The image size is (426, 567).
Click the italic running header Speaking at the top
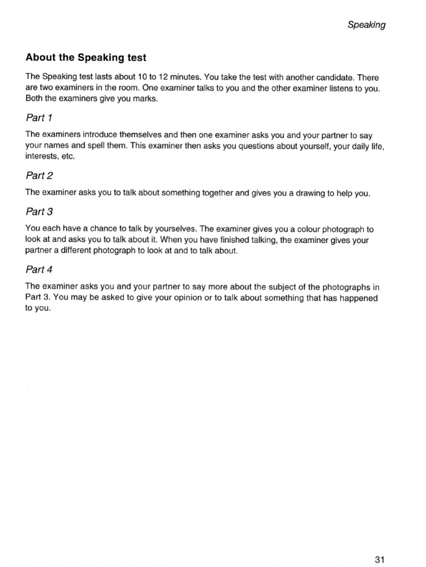click(x=366, y=24)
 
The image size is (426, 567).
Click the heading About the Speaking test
click(x=86, y=58)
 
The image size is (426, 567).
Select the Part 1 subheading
click(x=39, y=117)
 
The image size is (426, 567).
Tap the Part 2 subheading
click(x=39, y=176)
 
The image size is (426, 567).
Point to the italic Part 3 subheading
click(x=39, y=212)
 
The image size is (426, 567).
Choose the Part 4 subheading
click(x=39, y=270)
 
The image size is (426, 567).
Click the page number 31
click(x=379, y=544)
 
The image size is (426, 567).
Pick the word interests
click(x=42, y=157)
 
